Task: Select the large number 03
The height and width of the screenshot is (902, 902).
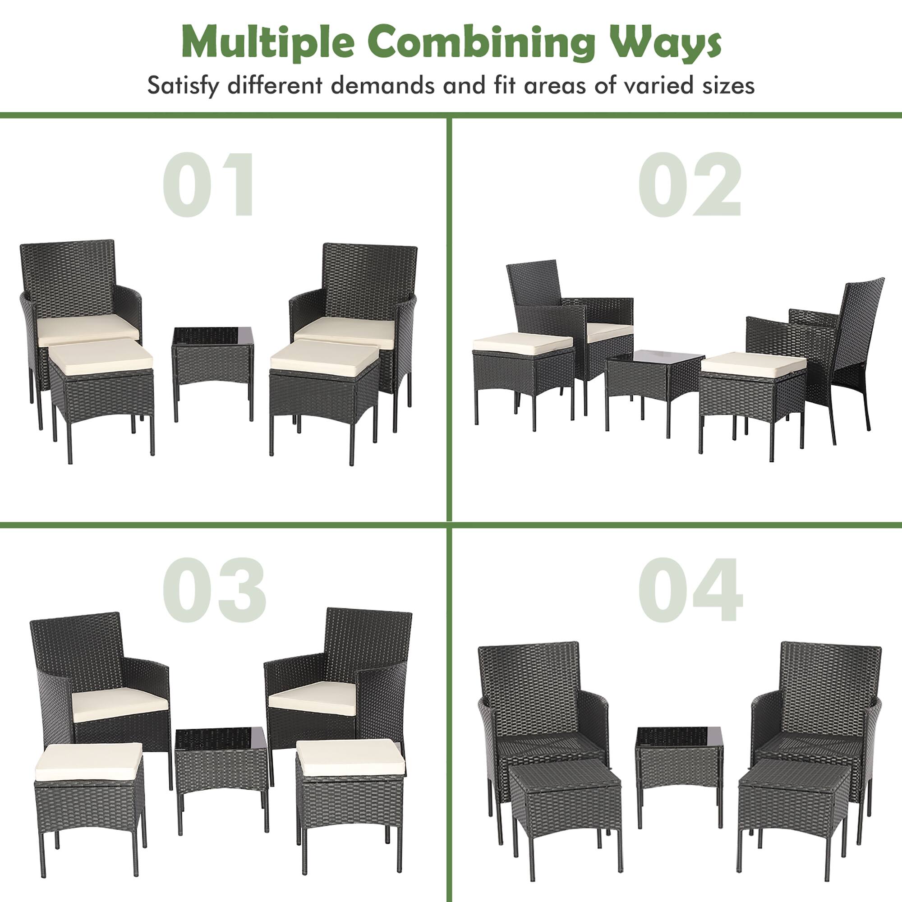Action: (214, 589)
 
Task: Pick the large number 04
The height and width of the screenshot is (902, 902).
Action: (690, 589)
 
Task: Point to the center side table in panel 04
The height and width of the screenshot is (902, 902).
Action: (678, 758)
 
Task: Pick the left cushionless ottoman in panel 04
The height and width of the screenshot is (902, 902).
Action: (566, 794)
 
